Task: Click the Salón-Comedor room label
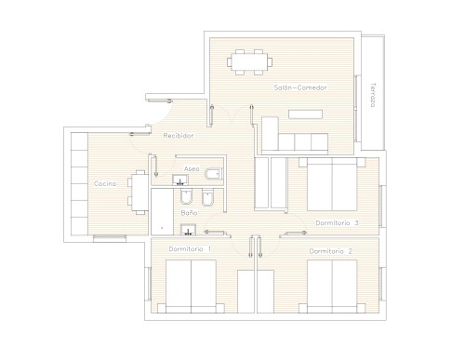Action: [300, 87]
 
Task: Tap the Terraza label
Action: [373, 95]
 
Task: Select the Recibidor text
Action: [179, 136]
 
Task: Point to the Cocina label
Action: [105, 183]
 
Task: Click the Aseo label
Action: [192, 168]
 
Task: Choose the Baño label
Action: [189, 213]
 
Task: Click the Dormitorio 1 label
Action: [190, 249]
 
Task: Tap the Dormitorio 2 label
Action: [331, 251]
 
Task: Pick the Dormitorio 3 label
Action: [337, 223]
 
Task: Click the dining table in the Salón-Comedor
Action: [249, 62]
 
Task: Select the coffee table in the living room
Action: [305, 114]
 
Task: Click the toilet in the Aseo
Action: [214, 174]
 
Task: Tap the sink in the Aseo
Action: [180, 180]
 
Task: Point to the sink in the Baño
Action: [188, 230]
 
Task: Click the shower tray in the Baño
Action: [162, 212]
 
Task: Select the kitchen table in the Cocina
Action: [139, 193]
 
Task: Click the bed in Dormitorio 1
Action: [191, 287]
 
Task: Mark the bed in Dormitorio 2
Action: [332, 287]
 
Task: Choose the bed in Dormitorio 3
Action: [332, 184]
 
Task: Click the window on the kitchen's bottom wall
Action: [110, 238]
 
